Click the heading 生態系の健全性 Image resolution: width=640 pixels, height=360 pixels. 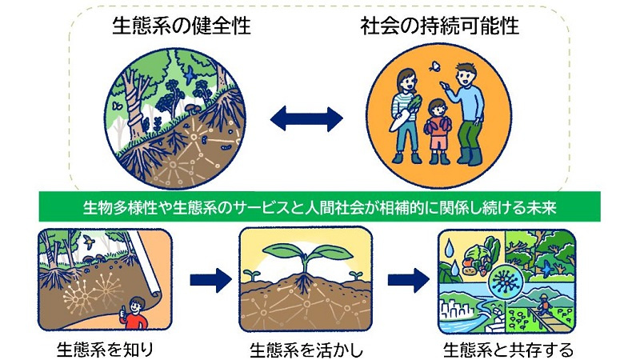(x=182, y=26)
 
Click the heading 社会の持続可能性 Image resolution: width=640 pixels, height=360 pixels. (x=439, y=26)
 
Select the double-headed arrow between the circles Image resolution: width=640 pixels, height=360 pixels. (x=306, y=119)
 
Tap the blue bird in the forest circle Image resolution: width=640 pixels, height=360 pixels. (x=190, y=75)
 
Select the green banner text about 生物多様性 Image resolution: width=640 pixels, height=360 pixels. (x=319, y=207)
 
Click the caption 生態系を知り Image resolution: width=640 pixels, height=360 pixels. (x=105, y=350)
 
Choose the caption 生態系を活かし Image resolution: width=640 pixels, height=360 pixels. (x=306, y=350)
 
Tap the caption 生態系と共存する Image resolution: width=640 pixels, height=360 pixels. (x=508, y=350)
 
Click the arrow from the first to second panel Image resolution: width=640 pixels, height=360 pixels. (x=210, y=280)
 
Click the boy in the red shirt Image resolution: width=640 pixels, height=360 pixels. (x=133, y=314)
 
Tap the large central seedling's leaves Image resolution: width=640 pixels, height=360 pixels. (x=306, y=253)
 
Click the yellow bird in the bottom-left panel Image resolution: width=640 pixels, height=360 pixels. (x=88, y=242)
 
